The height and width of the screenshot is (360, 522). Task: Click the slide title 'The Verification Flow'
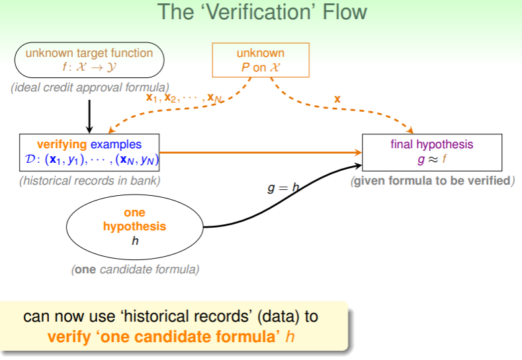[x=261, y=13]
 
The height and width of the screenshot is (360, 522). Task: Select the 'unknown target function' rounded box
[x=89, y=60]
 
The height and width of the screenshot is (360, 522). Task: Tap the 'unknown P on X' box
[x=261, y=60]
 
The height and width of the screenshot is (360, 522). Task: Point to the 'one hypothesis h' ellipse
[x=135, y=226]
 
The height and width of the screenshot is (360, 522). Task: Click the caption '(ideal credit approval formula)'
[x=90, y=87]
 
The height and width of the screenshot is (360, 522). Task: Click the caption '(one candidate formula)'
[x=135, y=269]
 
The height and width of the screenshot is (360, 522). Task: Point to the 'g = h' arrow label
[x=283, y=188]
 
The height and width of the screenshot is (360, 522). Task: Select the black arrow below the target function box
[x=90, y=114]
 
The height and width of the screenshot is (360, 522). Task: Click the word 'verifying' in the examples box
[x=62, y=144]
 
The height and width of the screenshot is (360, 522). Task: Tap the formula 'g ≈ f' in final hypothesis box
[x=432, y=159]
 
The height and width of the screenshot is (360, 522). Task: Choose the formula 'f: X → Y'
[x=89, y=67]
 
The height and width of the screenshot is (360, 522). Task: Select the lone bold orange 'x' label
[x=337, y=99]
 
